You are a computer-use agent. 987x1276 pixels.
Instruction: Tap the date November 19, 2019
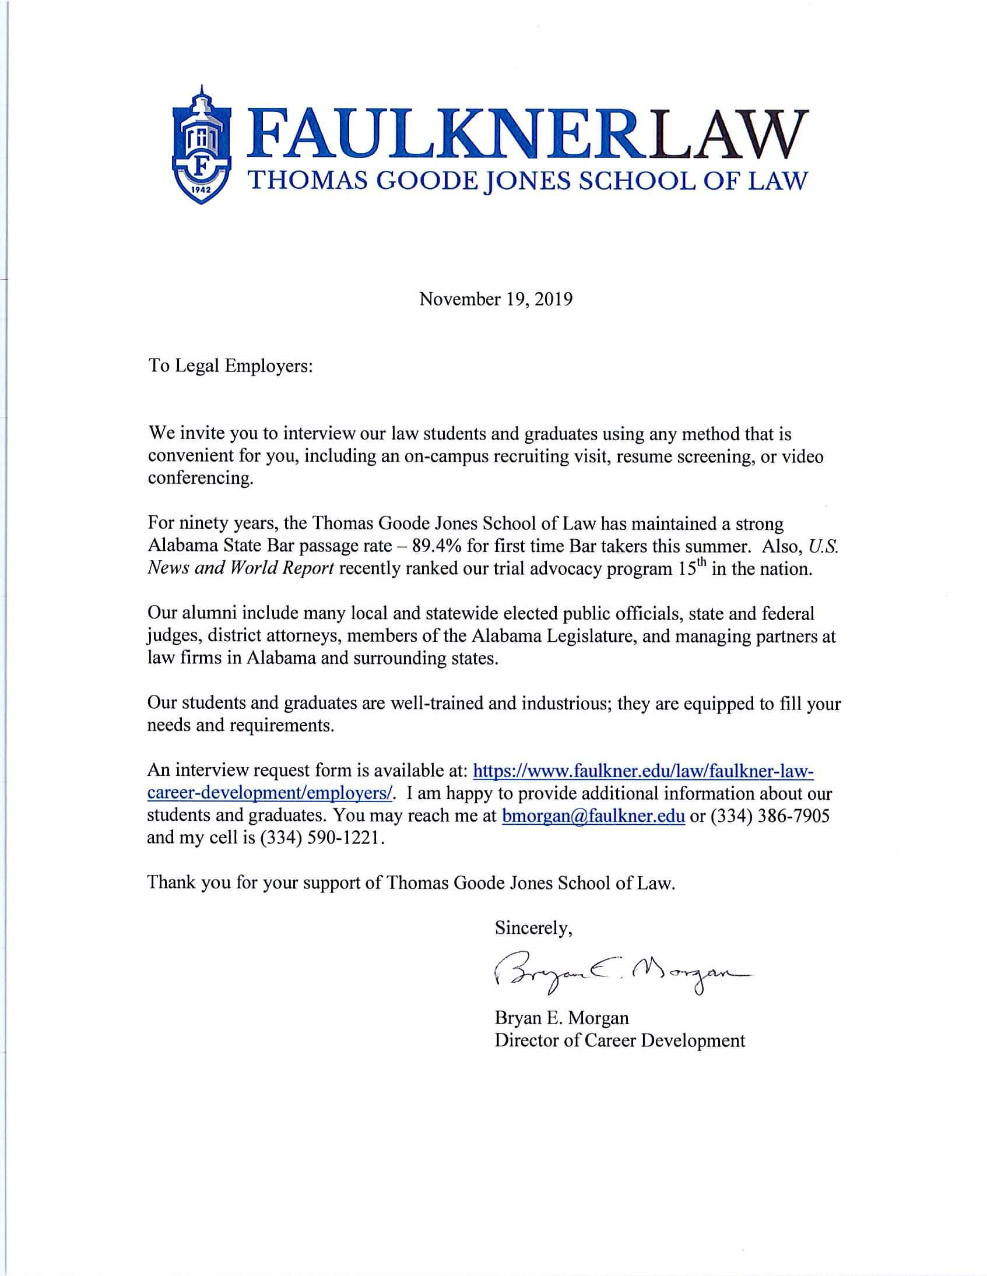click(496, 299)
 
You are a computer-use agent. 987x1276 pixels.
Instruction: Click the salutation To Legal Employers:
click(231, 367)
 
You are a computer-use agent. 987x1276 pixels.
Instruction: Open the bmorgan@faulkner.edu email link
click(593, 816)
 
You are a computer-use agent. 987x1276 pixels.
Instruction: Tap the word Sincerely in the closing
click(533, 929)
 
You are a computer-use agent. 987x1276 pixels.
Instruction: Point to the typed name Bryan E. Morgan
click(561, 1018)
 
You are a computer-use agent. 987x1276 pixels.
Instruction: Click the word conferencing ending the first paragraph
click(201, 479)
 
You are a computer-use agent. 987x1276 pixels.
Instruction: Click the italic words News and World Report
click(241, 568)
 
